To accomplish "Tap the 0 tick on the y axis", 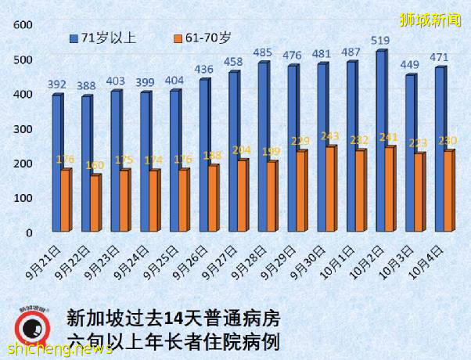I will [x=27, y=232].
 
